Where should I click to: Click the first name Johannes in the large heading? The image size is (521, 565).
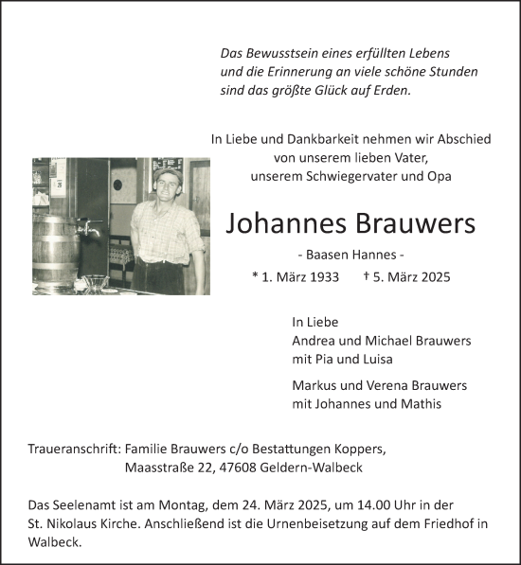(x=288, y=224)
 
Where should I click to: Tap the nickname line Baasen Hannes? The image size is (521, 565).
(x=350, y=256)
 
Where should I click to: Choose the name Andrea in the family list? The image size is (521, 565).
(x=314, y=341)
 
